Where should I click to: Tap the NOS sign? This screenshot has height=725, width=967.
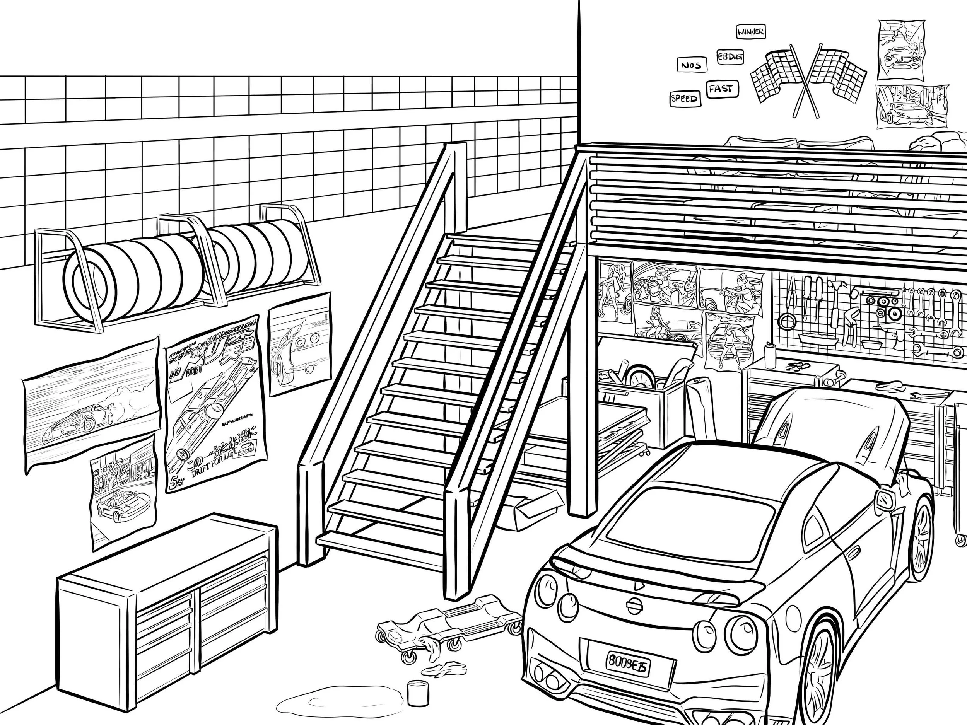coord(691,65)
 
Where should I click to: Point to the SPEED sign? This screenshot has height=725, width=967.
coord(685,99)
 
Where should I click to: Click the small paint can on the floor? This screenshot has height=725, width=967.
coord(417,692)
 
